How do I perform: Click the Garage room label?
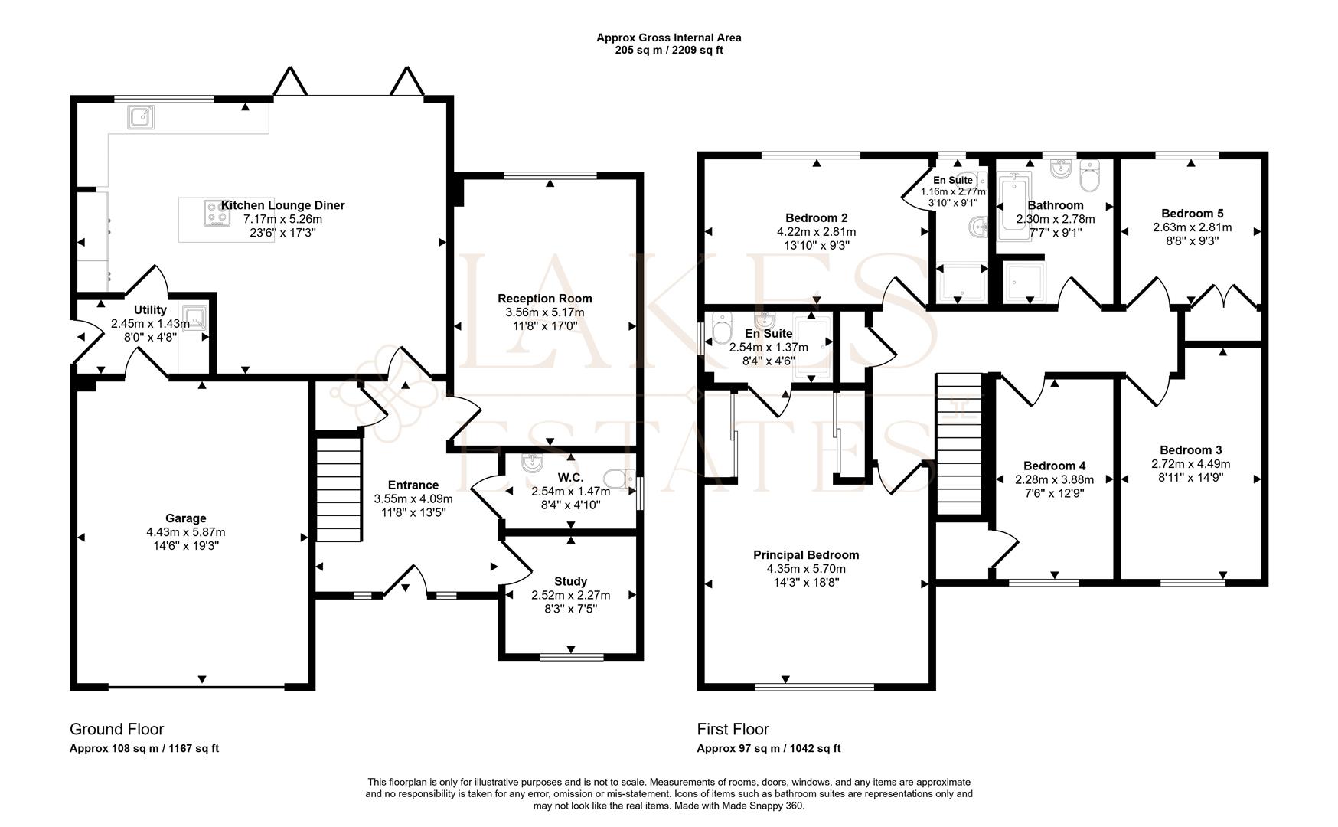[186, 518]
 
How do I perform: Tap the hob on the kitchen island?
[217, 213]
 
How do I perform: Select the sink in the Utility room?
[196, 316]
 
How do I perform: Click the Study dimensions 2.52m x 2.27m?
[570, 595]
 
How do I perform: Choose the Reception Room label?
[544, 299]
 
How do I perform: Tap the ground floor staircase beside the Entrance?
[338, 487]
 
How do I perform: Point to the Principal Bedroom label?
[805, 555]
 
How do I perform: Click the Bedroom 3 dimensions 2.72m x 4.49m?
[1190, 464]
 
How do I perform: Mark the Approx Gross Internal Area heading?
[668, 38]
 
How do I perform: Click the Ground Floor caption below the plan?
[116, 729]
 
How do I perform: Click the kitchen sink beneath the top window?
[141, 117]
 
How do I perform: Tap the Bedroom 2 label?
[816, 218]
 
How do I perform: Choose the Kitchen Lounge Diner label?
[282, 205]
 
